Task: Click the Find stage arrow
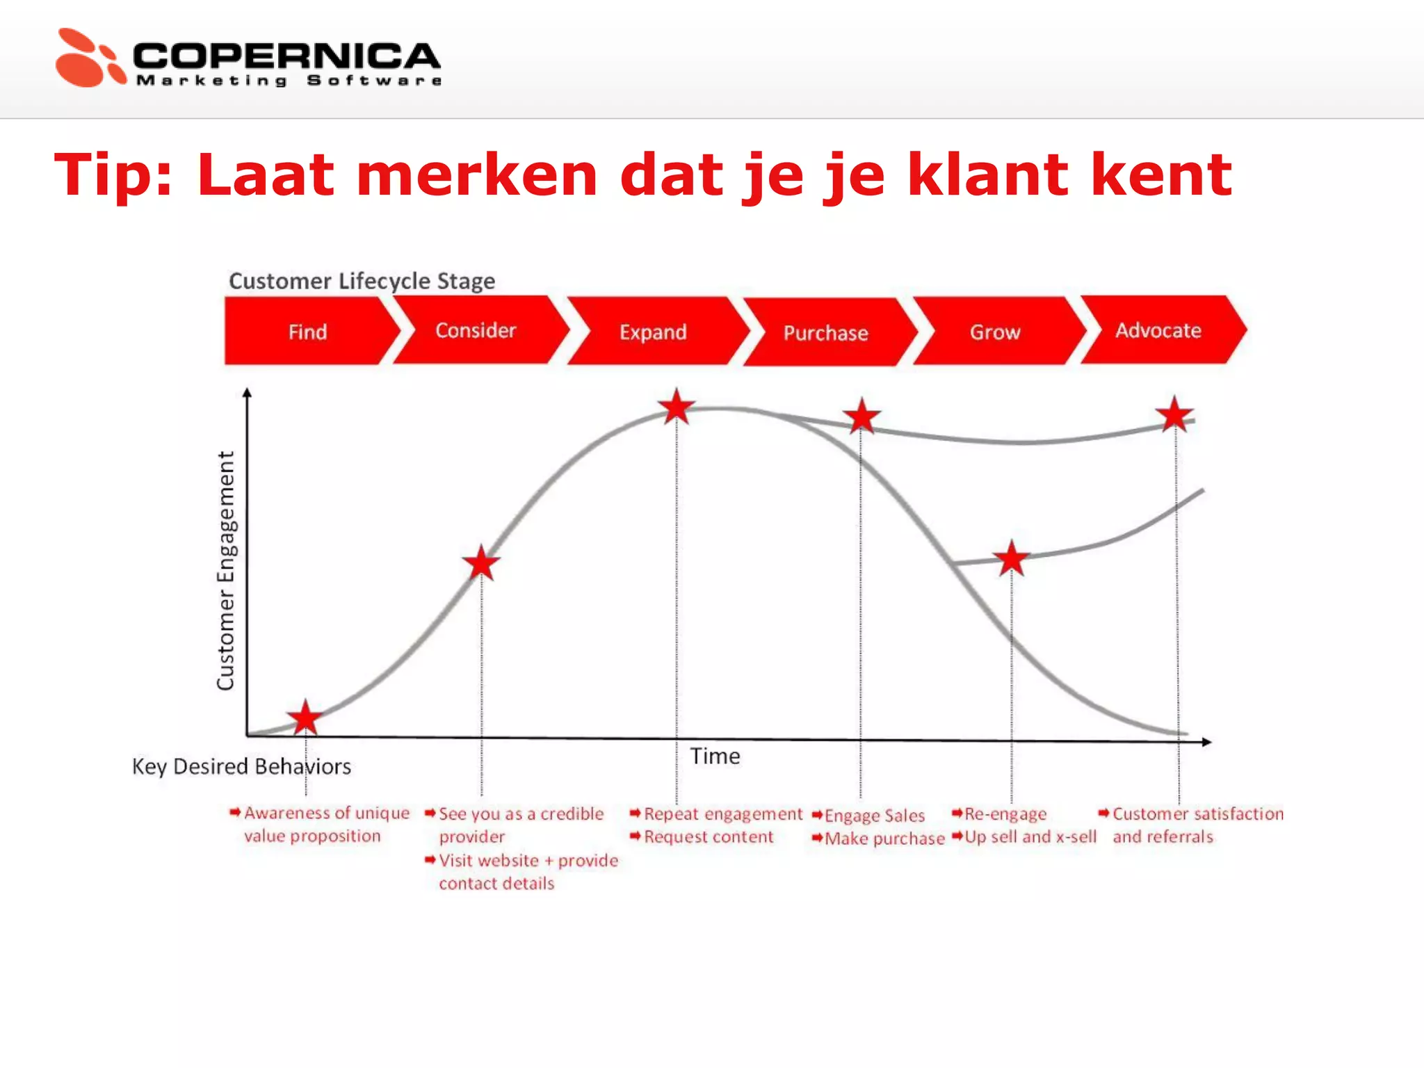coord(307,332)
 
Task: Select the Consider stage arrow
coord(476,330)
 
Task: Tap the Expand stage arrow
coord(654,332)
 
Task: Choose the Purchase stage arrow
coord(826,333)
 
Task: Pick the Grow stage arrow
coord(995,332)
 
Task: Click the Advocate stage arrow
coord(1158,330)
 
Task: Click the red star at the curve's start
coord(305,718)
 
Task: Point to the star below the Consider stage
coord(481,563)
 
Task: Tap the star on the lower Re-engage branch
coord(1011,558)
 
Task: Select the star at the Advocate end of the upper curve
coord(1174,416)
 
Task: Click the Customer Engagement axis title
coord(226,571)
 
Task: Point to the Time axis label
coord(715,756)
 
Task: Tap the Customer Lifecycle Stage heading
coord(362,281)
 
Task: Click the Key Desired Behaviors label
coord(241,766)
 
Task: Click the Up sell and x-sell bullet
coord(1030,837)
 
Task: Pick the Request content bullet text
coord(708,837)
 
